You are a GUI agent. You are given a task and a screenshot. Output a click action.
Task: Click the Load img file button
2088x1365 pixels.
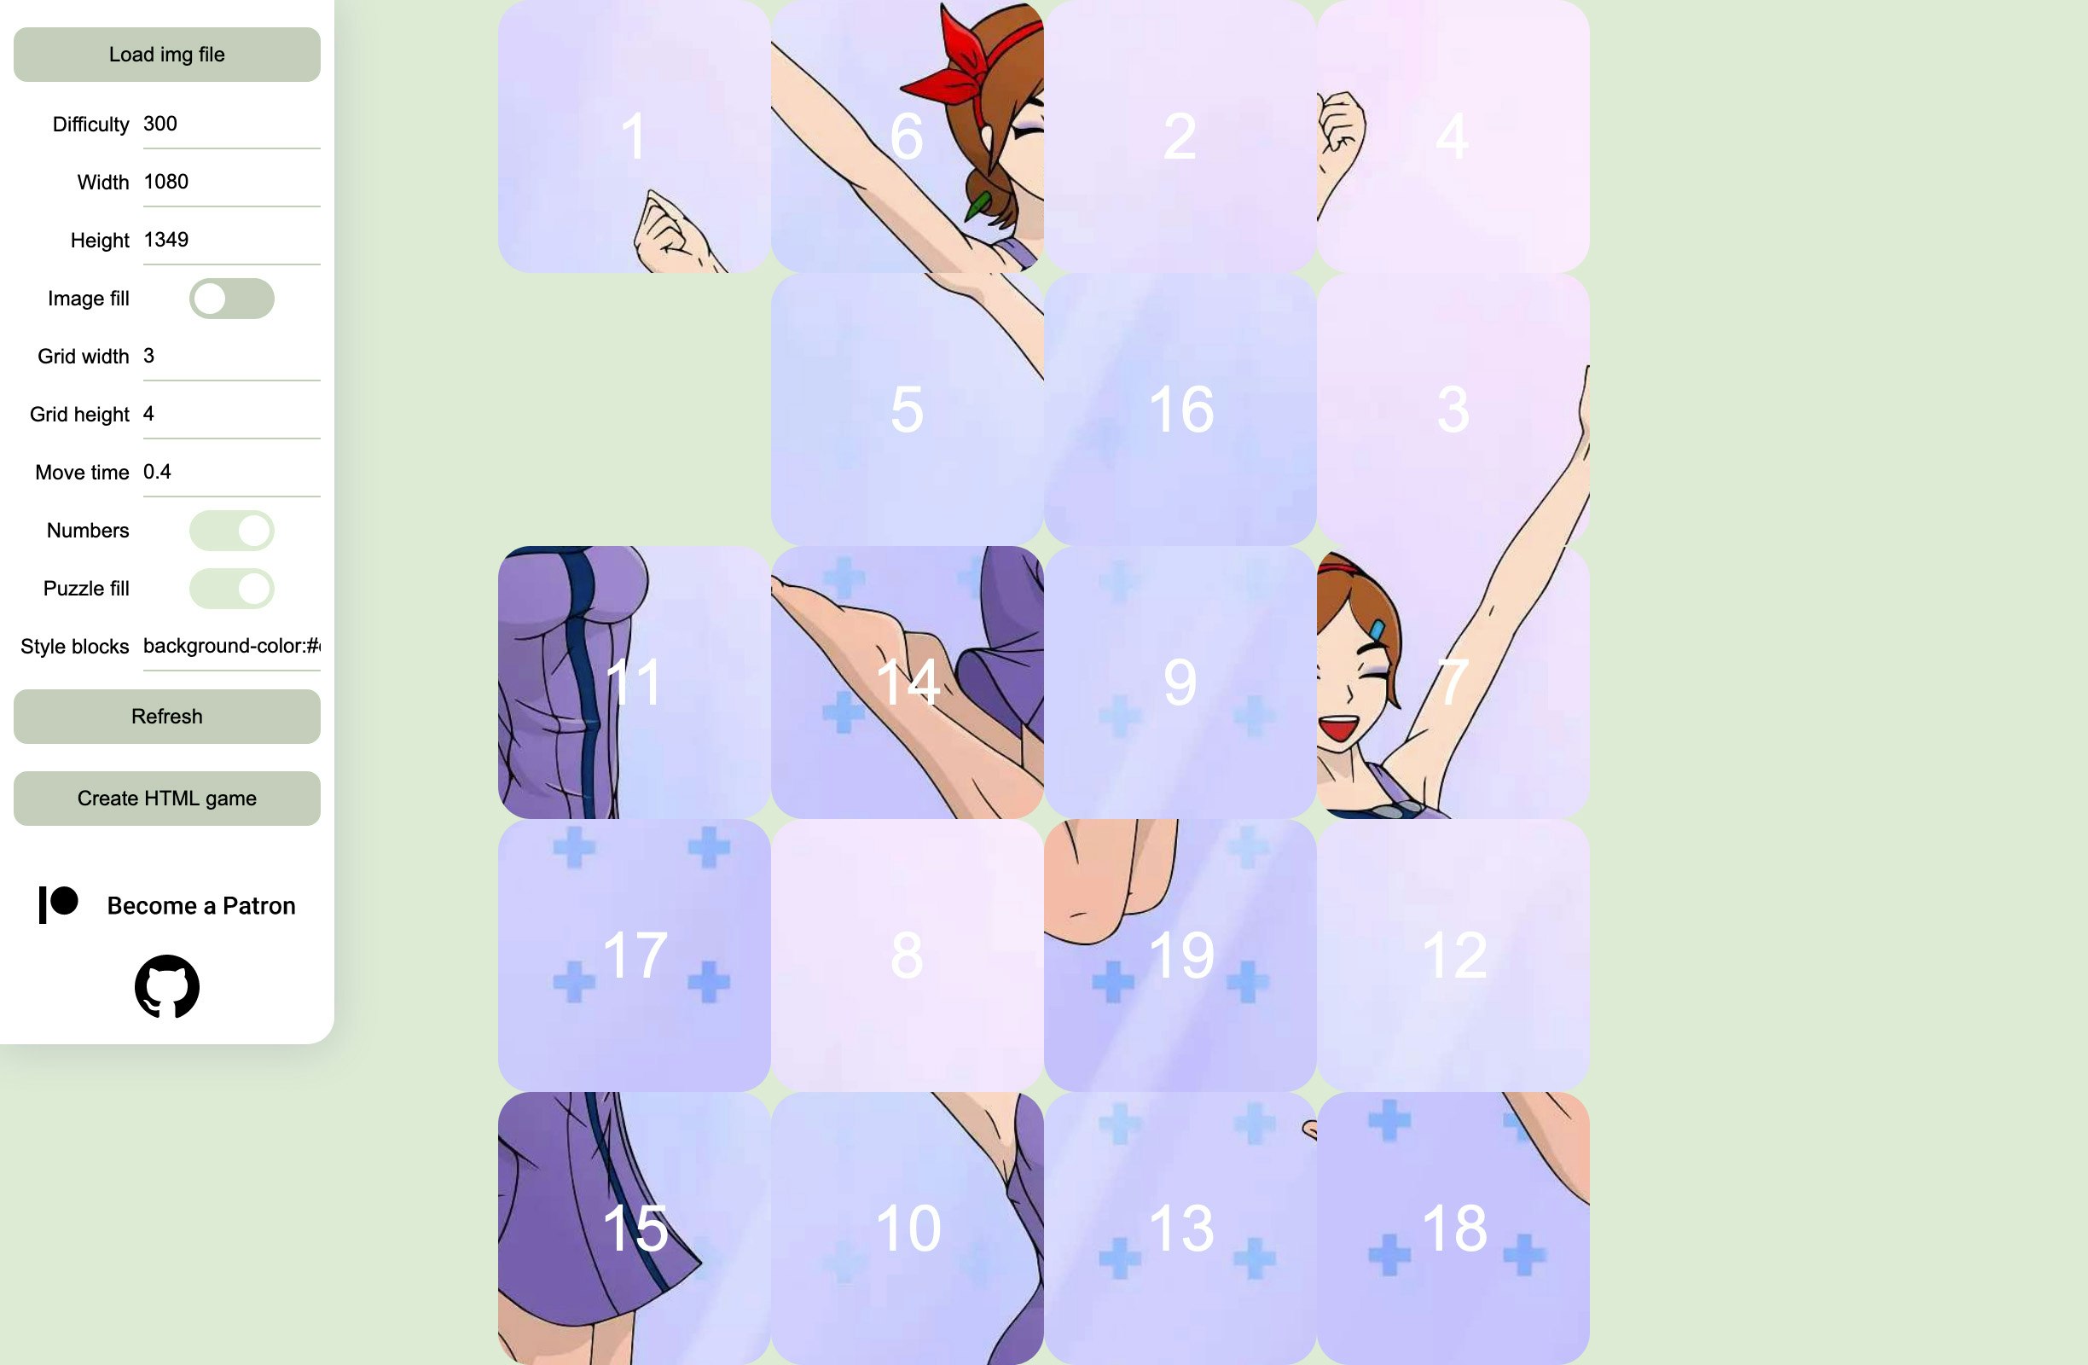click(x=166, y=55)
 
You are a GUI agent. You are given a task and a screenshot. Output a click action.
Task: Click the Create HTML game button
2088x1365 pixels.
click(x=166, y=799)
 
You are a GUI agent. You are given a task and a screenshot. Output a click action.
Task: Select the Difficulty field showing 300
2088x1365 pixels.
click(x=231, y=124)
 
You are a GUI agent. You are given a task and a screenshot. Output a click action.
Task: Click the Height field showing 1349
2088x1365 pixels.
click(x=231, y=240)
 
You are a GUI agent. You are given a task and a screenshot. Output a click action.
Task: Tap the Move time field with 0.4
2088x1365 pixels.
click(x=231, y=472)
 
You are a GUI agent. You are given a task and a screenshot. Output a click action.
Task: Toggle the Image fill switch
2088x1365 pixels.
click(x=232, y=299)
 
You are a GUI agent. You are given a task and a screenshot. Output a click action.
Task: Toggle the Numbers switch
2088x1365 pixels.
click(x=232, y=531)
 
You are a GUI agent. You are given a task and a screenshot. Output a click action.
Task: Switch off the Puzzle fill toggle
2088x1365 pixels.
click(x=232, y=589)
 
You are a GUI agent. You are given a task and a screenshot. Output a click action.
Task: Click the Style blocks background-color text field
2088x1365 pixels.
click(x=231, y=647)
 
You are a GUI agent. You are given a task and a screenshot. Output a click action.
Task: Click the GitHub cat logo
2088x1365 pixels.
click(x=166, y=987)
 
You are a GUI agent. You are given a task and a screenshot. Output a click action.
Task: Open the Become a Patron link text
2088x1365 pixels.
click(x=201, y=905)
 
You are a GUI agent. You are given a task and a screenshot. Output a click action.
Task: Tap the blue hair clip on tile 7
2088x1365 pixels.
click(x=1377, y=630)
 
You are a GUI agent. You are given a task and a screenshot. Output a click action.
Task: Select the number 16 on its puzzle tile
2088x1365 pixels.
click(x=1180, y=409)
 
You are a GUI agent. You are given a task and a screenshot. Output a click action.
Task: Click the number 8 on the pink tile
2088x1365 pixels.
click(x=907, y=955)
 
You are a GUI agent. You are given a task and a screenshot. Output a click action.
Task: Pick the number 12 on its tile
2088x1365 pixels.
click(x=1453, y=955)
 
